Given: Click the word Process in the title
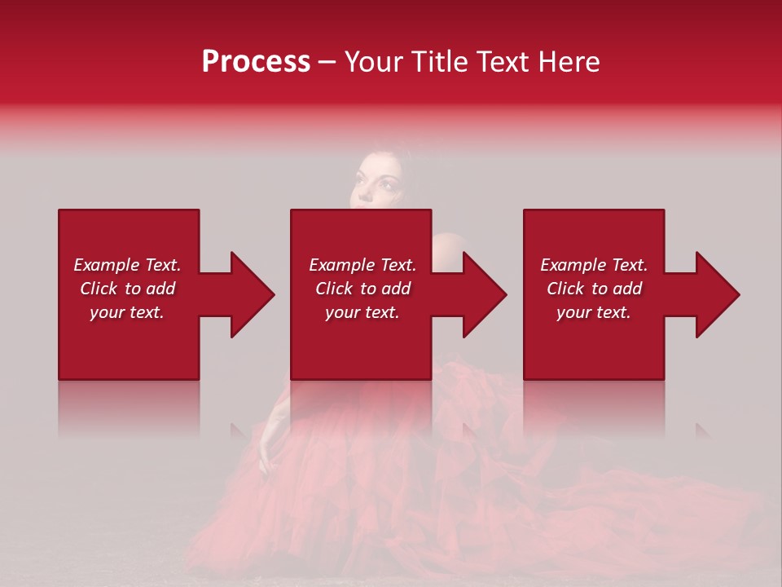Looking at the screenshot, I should point(256,62).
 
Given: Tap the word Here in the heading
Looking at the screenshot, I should point(569,62).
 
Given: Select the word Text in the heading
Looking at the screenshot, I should point(503,62).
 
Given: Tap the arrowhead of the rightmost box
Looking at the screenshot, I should point(715,294).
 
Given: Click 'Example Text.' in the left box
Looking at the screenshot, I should point(127,265).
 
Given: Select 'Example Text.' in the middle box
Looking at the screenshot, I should point(362,265).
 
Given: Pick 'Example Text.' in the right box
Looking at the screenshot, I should point(594,265).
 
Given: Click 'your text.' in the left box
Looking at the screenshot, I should point(127,312).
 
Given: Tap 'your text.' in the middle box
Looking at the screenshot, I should point(362,312).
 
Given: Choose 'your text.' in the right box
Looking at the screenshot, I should point(594,312).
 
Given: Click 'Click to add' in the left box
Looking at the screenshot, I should point(127,289).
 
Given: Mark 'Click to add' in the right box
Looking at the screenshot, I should point(594,289).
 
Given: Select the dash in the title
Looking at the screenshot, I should point(327,63).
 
